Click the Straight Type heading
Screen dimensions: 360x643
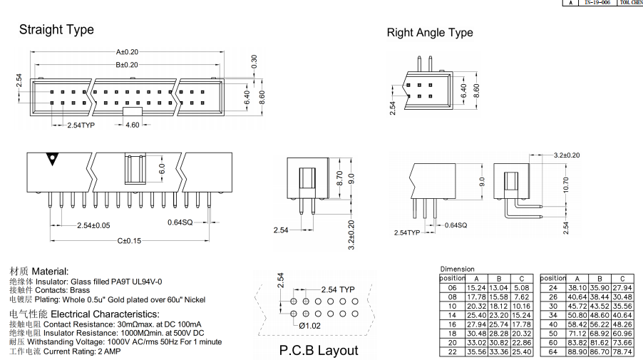point(56,30)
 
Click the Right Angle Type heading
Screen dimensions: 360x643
point(429,33)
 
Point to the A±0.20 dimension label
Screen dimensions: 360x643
point(127,52)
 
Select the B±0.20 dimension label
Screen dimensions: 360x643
point(127,65)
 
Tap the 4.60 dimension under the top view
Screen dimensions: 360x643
point(133,125)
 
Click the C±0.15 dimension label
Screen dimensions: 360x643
point(129,241)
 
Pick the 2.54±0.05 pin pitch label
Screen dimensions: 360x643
point(93,226)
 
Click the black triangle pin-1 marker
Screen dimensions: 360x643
point(51,158)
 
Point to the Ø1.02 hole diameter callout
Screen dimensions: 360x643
point(309,326)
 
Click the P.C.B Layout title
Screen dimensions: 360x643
point(319,350)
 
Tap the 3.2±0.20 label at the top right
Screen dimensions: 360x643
point(567,155)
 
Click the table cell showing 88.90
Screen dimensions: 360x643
point(577,351)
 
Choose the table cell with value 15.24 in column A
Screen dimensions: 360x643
point(475,287)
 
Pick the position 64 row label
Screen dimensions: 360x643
point(552,351)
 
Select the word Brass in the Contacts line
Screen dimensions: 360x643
point(80,290)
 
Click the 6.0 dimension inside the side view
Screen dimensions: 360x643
point(163,170)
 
